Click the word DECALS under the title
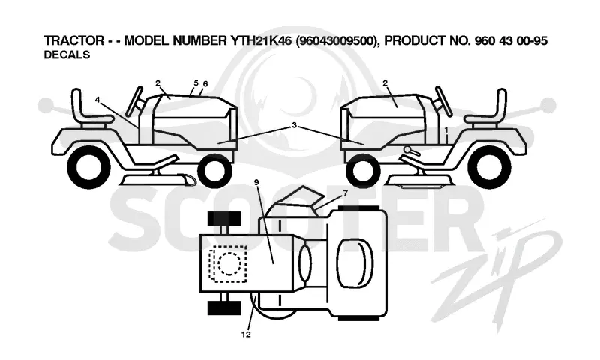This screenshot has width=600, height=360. click(x=67, y=55)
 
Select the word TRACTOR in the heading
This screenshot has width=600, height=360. click(x=73, y=40)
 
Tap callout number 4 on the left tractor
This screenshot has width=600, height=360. click(x=97, y=100)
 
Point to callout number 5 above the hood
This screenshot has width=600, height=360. click(x=196, y=82)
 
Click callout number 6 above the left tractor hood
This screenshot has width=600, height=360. click(x=205, y=83)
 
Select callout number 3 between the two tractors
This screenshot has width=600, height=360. click(x=294, y=125)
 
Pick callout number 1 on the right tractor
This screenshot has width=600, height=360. click(x=446, y=130)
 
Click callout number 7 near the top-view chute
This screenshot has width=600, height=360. click(x=346, y=193)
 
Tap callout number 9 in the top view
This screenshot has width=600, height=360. click(x=256, y=182)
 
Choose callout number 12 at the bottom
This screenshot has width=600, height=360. click(x=247, y=334)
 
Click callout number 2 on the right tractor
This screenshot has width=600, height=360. click(x=385, y=83)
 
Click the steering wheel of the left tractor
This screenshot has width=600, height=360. click(x=135, y=101)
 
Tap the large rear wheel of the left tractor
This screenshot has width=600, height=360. click(x=88, y=168)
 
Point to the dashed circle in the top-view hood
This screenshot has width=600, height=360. click(x=229, y=263)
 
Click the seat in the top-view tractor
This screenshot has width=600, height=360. click(x=355, y=262)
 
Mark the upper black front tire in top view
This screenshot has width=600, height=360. click(x=224, y=218)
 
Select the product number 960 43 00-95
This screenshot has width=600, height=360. click(x=511, y=40)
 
